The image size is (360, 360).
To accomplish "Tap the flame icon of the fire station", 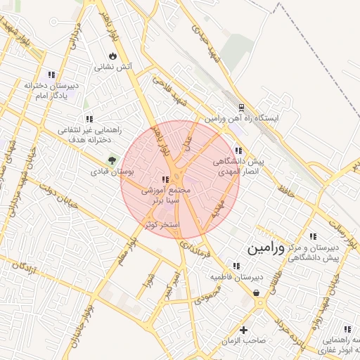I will [x=112, y=57].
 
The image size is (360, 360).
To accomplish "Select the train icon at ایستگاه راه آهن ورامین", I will [x=241, y=108].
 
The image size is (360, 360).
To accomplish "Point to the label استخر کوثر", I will [x=162, y=224].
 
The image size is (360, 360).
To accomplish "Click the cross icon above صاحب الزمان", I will [x=244, y=330].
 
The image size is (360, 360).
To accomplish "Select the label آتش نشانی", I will [x=113, y=69].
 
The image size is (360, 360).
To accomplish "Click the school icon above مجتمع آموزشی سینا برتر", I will [x=165, y=180].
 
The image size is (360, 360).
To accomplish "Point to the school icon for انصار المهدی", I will [x=238, y=150].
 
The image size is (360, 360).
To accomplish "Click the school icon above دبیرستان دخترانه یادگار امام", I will [x=51, y=75].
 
